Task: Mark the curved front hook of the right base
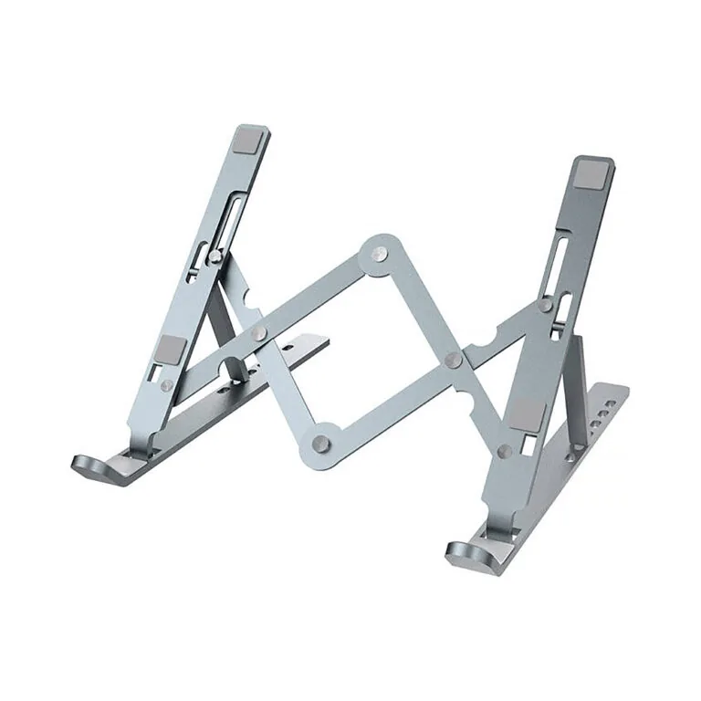coord(468,553)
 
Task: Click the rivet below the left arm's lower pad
coord(162,387)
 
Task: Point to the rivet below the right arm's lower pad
coord(505,450)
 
